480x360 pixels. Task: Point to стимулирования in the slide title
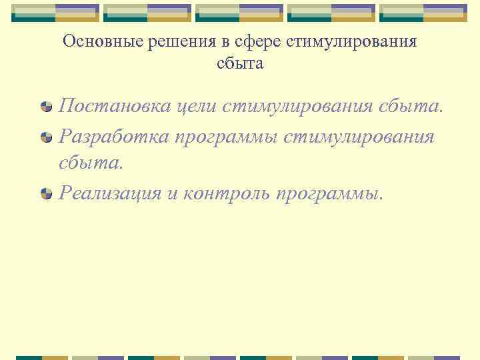(x=351, y=41)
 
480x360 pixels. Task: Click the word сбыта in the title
(x=240, y=64)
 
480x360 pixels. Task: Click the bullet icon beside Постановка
(x=47, y=106)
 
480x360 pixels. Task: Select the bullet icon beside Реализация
(x=47, y=193)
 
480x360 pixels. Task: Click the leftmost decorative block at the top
(x=56, y=12)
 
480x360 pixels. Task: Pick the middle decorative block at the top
(x=240, y=12)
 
